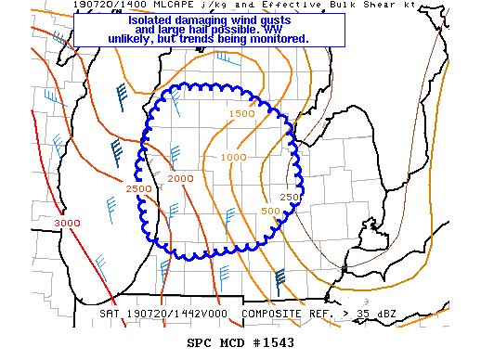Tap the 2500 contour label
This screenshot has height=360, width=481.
137,189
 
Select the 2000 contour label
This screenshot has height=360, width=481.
181,178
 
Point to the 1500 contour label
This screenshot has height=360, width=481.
241,114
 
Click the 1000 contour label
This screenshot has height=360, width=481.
234,157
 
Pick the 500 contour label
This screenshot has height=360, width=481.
270,212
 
